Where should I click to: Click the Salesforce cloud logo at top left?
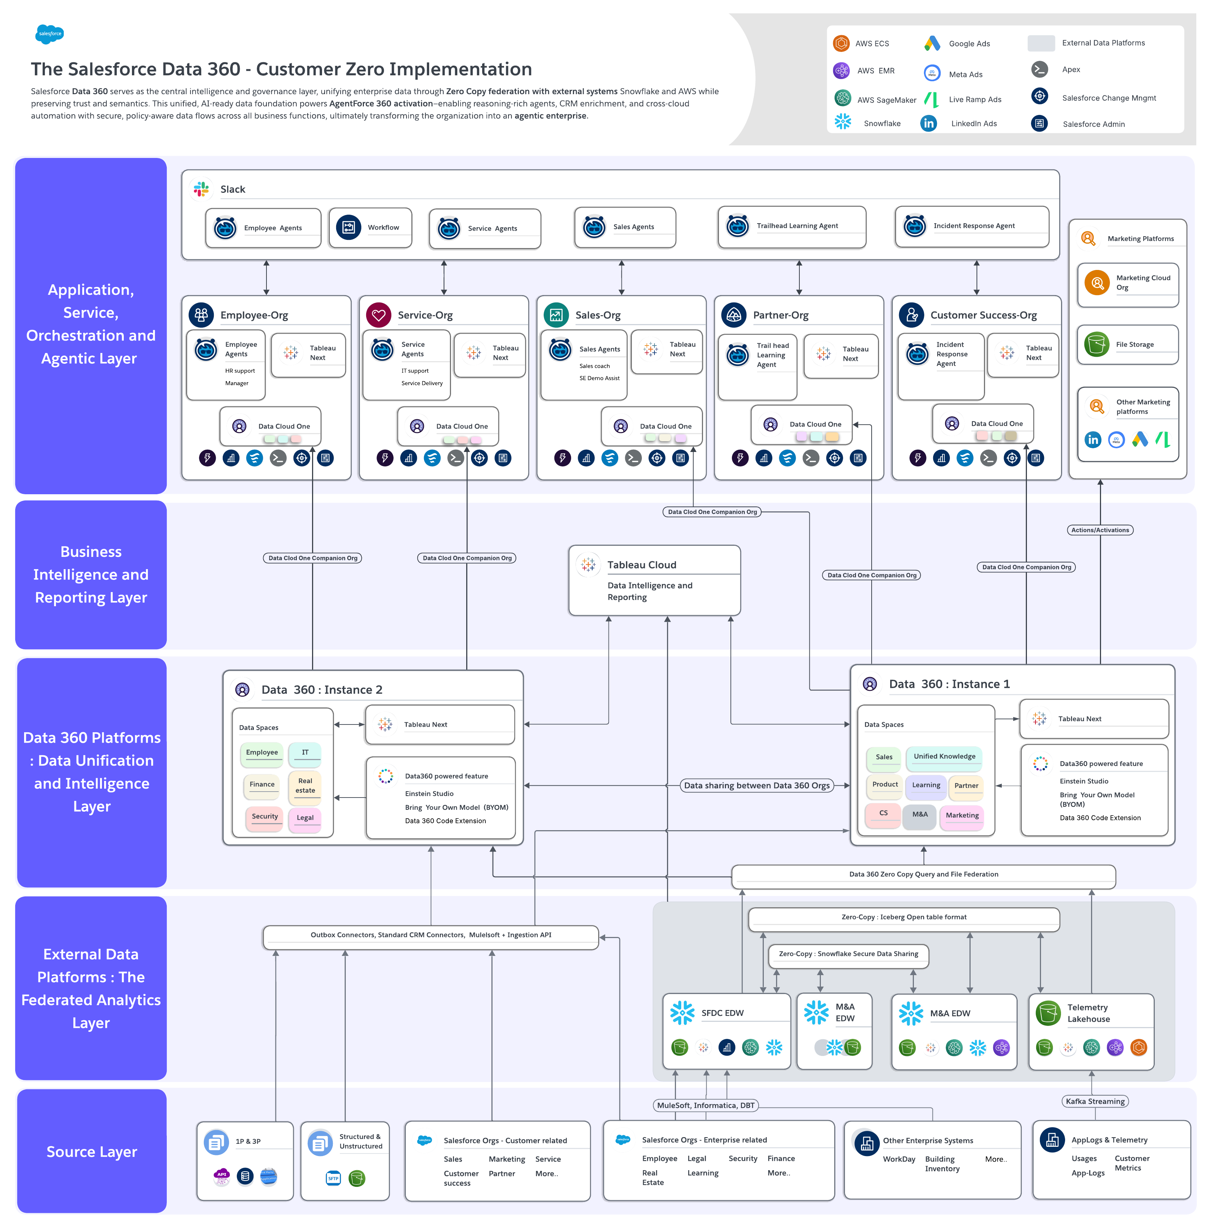tap(50, 34)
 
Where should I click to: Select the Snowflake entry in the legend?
tap(881, 123)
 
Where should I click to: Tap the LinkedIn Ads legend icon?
tap(929, 123)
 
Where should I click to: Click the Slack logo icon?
tap(201, 189)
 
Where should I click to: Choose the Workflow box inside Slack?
tap(370, 228)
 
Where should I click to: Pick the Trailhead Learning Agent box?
tap(792, 226)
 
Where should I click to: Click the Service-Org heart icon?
tap(378, 315)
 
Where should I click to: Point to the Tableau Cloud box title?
tap(642, 564)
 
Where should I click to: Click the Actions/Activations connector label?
tap(1100, 529)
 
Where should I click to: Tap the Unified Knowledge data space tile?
tap(944, 756)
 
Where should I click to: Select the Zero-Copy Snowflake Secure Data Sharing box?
tap(848, 954)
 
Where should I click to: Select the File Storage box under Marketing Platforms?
tap(1127, 344)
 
